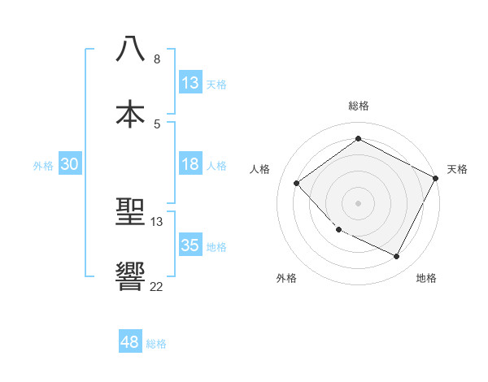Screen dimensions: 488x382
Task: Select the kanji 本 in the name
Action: pos(130,113)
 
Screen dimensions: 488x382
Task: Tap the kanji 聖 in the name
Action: pos(130,214)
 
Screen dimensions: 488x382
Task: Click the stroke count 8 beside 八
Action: pos(157,59)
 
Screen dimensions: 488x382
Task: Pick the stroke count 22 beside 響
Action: pos(156,286)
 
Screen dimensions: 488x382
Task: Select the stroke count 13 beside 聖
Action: pos(157,221)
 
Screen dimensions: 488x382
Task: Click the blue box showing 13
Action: pos(190,83)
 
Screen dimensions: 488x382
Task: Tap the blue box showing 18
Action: pos(190,164)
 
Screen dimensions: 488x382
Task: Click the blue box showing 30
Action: pos(70,164)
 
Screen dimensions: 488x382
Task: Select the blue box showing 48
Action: pos(130,342)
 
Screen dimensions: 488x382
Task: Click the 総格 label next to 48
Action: pos(156,344)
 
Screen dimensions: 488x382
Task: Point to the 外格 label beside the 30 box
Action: pos(43,166)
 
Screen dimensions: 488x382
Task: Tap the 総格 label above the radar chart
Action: pos(358,106)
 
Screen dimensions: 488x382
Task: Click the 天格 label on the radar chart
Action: pos(457,169)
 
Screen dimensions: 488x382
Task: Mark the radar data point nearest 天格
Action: pos(437,178)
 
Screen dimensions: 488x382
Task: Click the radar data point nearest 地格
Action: pos(396,257)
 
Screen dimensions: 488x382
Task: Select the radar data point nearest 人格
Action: pos(297,184)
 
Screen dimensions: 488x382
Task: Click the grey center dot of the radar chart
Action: pos(358,202)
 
